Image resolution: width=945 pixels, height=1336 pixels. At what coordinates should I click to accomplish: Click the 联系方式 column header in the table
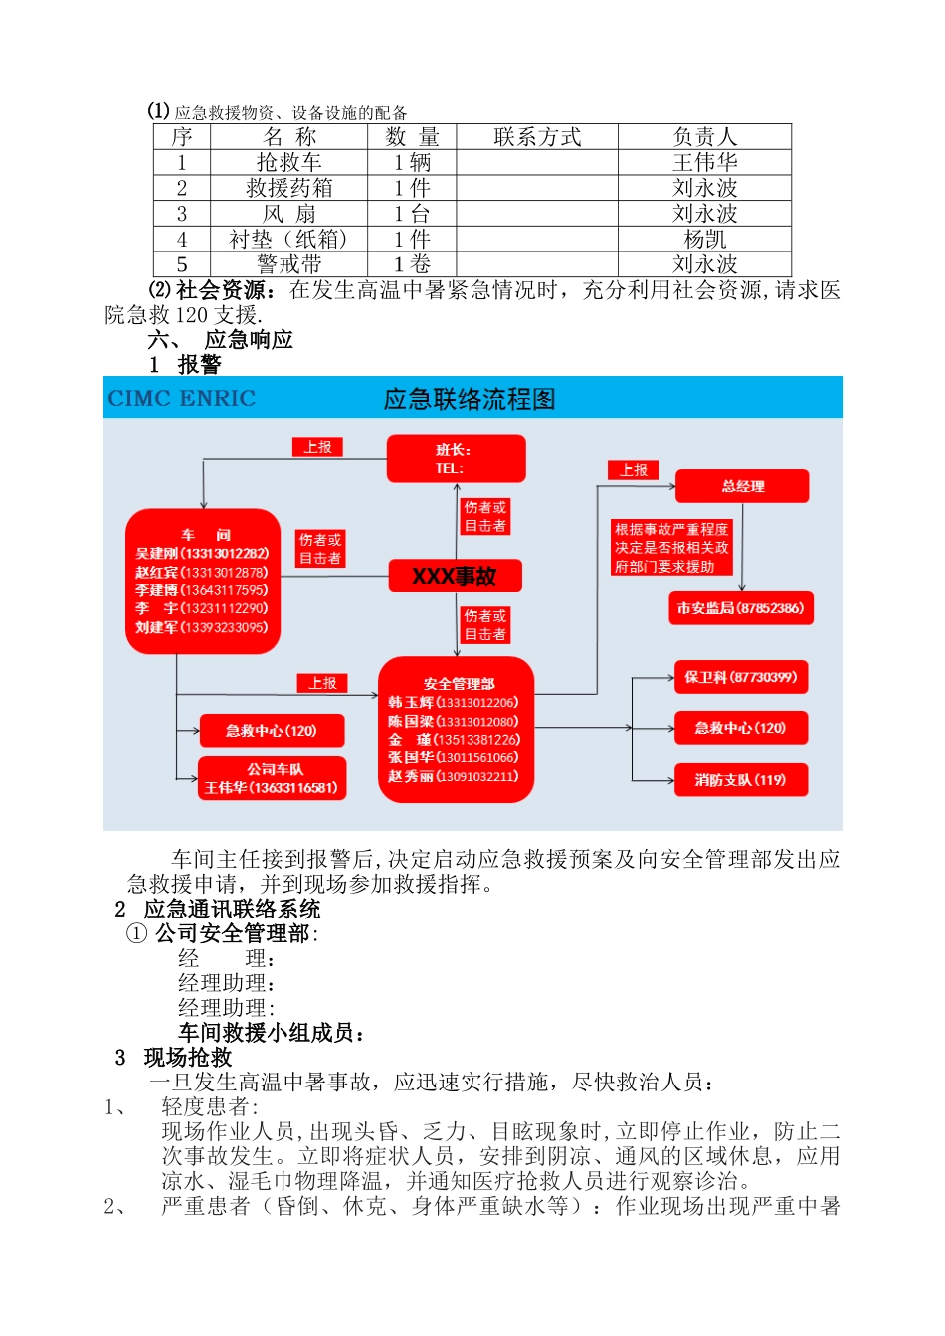click(537, 137)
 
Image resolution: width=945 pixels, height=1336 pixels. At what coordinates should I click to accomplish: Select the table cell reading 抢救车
click(288, 162)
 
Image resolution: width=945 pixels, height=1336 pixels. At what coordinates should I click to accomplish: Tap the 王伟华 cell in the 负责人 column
click(704, 162)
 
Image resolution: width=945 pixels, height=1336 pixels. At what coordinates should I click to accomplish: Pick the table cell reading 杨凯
click(704, 240)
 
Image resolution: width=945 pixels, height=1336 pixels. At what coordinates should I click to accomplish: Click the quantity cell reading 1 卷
click(412, 264)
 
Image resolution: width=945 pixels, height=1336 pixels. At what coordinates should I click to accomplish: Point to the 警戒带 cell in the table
click(288, 264)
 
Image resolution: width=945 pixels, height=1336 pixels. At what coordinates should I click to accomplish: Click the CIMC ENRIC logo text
click(182, 399)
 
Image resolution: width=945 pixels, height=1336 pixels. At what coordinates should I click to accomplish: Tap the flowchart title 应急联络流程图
click(470, 400)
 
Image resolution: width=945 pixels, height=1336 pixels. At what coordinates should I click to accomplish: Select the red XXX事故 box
click(455, 577)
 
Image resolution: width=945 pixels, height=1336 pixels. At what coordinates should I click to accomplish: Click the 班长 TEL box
click(457, 459)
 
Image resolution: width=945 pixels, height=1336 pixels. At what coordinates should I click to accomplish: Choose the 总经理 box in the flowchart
click(742, 486)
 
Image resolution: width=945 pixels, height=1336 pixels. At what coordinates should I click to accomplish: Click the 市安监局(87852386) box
click(741, 608)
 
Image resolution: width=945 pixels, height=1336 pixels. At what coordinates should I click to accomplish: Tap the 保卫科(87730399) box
click(740, 678)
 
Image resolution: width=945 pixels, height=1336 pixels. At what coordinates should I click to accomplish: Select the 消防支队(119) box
click(740, 780)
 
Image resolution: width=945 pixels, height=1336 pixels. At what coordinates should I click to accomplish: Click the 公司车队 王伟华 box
click(272, 778)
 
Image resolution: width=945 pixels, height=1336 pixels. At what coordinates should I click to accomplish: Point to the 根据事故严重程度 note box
click(671, 548)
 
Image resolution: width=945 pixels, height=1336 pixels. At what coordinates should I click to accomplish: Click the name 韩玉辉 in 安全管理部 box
click(411, 703)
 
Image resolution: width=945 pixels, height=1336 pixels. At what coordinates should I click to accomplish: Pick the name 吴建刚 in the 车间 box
click(157, 554)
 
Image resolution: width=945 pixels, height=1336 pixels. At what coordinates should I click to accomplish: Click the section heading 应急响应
click(249, 340)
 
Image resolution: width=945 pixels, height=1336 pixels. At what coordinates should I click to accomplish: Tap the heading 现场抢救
click(187, 1058)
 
